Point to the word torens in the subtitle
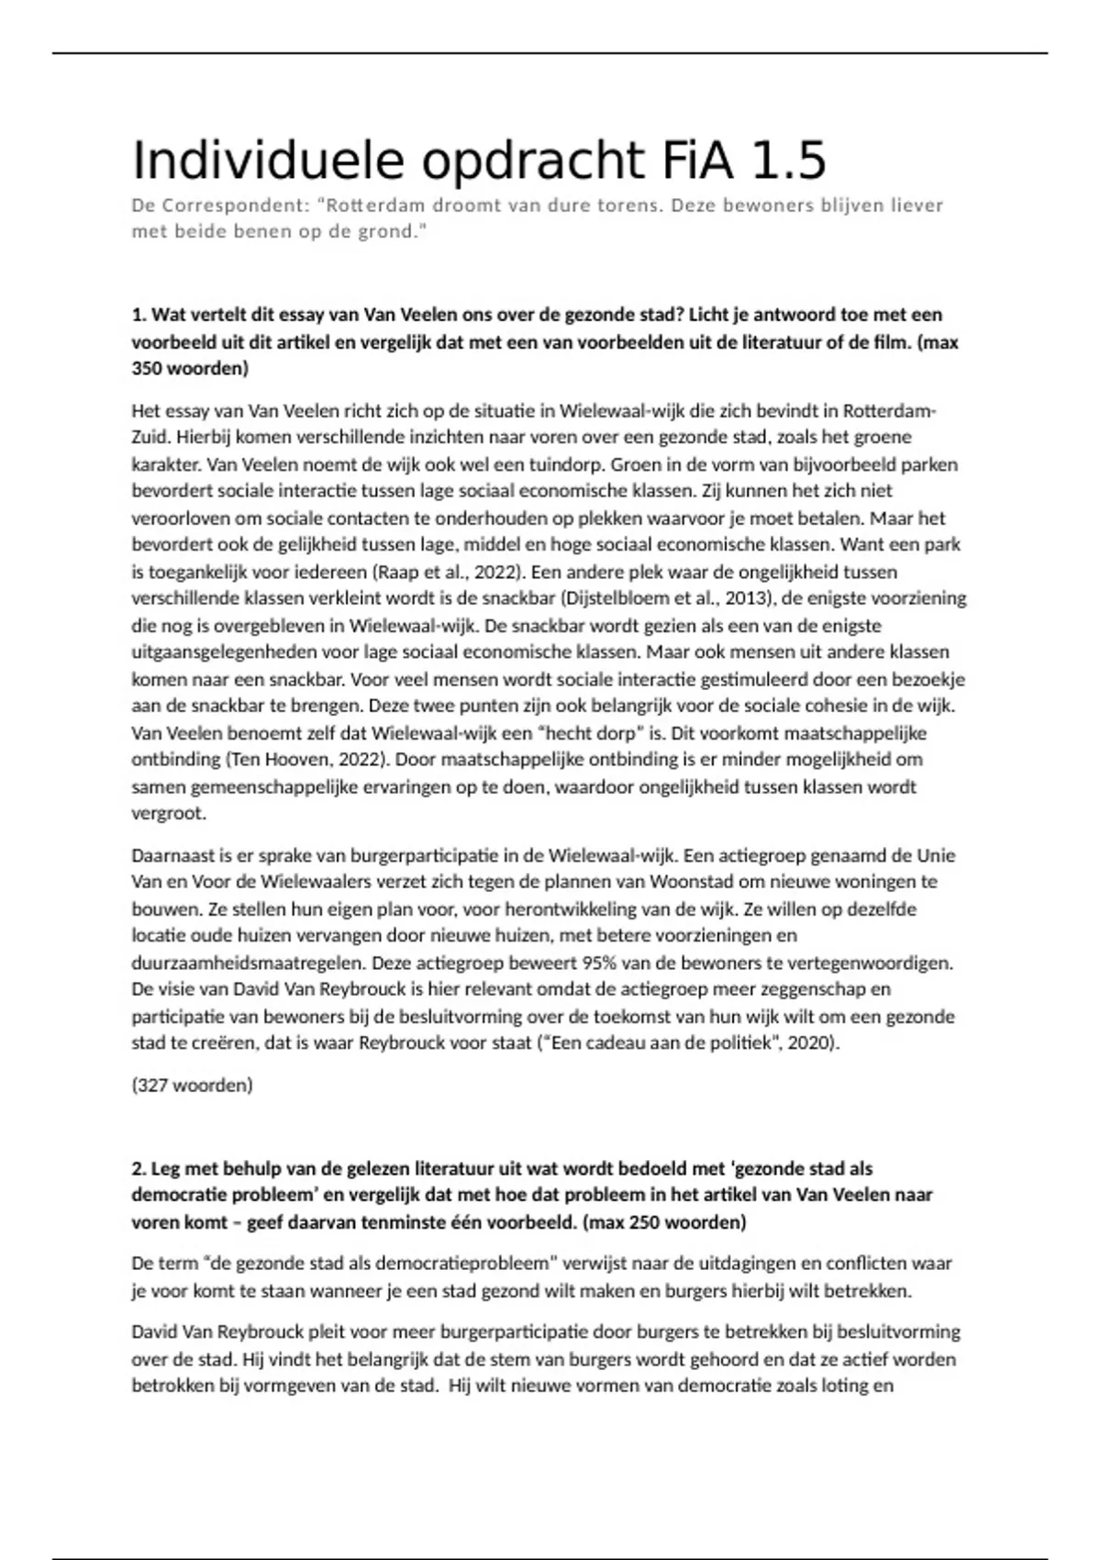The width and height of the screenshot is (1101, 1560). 625,206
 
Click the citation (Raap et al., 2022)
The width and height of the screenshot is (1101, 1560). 447,572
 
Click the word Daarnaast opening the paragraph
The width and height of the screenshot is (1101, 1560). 172,856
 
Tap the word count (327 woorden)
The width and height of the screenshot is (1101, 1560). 192,1086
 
